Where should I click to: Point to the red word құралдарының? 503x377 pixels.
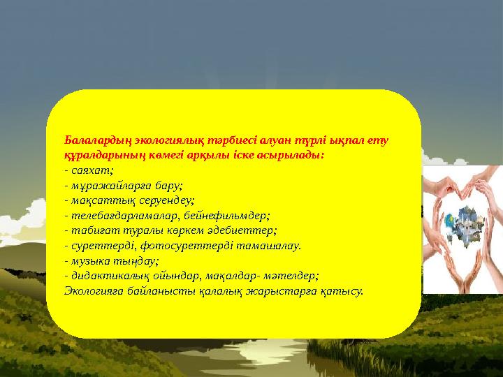coord(99,155)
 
